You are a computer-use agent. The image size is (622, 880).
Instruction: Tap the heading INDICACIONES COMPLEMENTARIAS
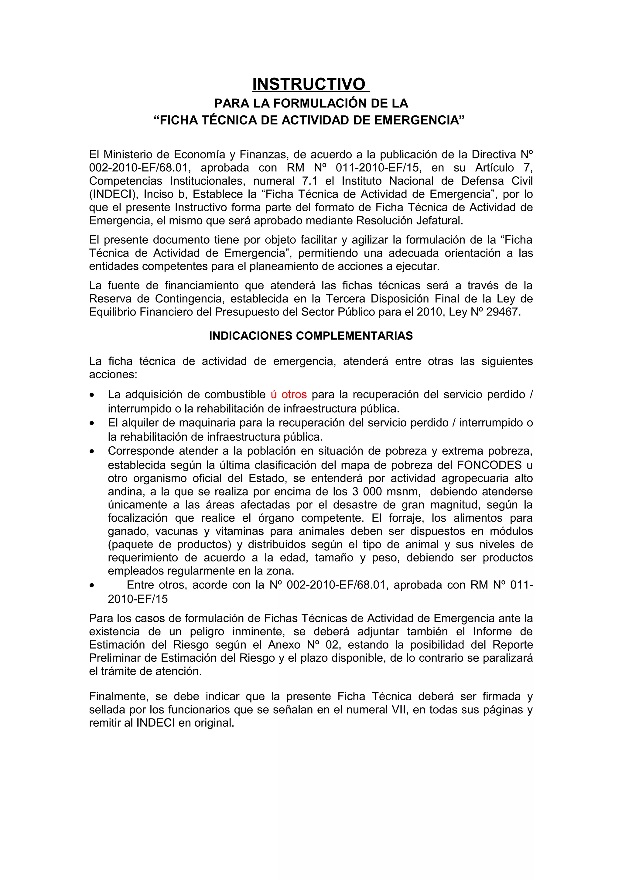point(311,336)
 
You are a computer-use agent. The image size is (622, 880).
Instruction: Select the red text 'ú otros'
point(289,394)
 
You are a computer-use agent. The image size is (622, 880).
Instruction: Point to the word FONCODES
point(489,465)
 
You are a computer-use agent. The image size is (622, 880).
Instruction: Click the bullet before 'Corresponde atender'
point(92,452)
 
